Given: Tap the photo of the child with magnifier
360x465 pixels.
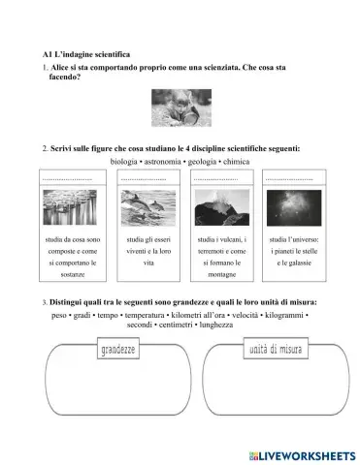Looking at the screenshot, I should pos(180,108).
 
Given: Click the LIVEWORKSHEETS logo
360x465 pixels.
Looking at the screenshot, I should pos(300,453).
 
